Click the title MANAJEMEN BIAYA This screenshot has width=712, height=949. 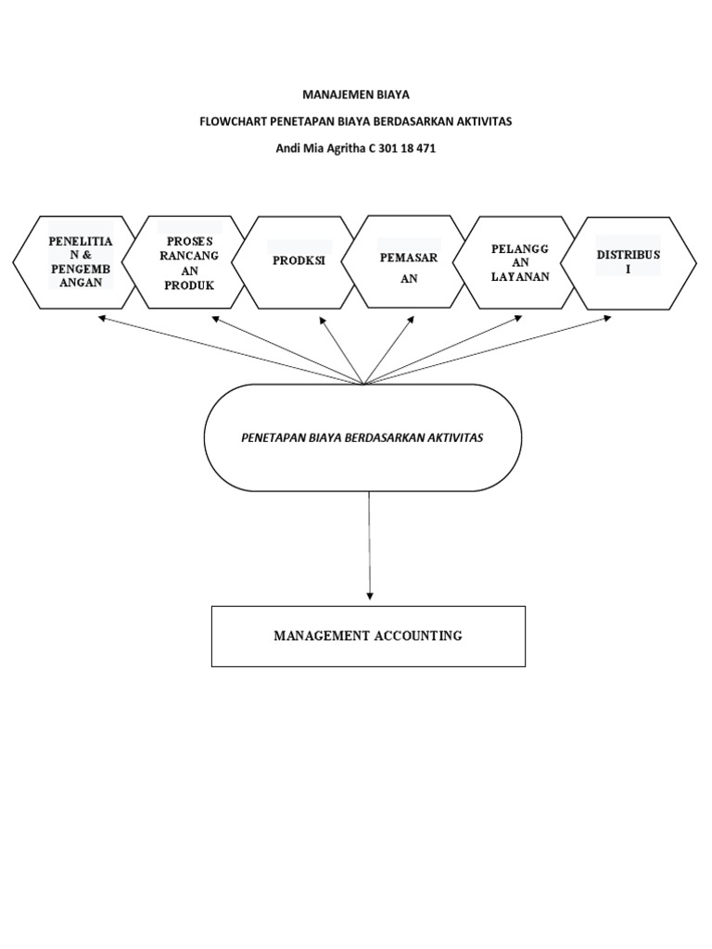coord(356,95)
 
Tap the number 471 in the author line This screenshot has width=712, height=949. coord(424,148)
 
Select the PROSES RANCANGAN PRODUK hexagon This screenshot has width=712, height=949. coord(189,262)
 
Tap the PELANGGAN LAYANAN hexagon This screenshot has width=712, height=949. coord(520,262)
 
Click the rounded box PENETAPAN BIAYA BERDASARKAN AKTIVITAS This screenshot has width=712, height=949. coord(362,437)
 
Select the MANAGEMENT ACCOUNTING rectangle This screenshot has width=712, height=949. coord(368,636)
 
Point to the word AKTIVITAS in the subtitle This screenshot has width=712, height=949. coord(483,121)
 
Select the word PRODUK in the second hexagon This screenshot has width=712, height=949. coord(189,285)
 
